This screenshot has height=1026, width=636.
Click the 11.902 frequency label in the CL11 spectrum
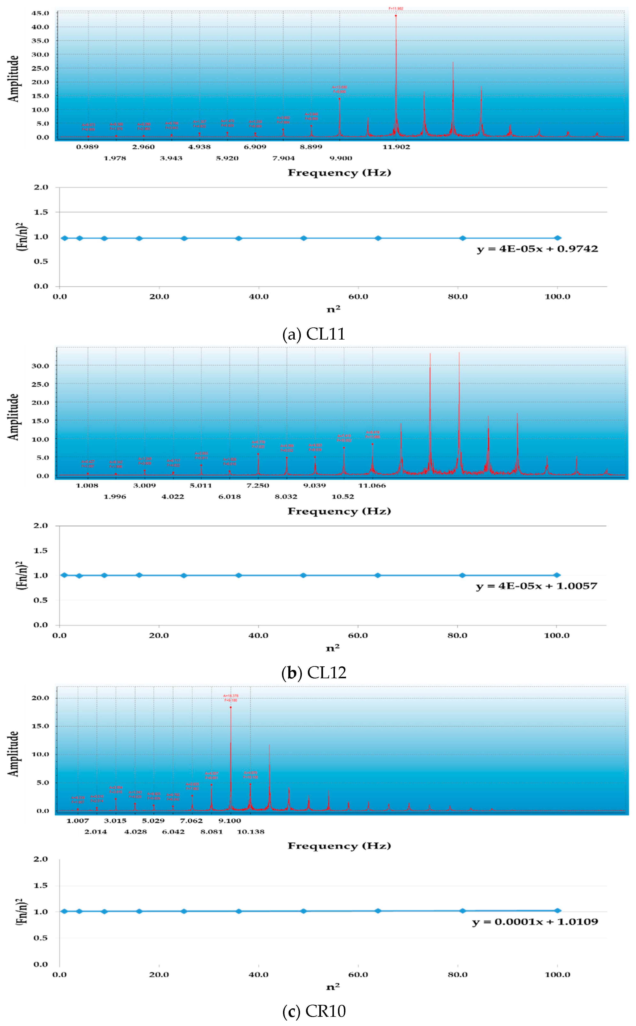click(x=396, y=147)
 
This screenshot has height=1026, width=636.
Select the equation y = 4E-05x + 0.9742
click(x=537, y=249)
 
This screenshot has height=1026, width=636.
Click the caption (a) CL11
click(x=314, y=334)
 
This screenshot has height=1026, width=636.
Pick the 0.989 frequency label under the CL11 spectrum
click(x=87, y=147)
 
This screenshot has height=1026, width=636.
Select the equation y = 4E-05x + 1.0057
click(x=536, y=586)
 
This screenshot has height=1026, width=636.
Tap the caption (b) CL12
click(x=314, y=672)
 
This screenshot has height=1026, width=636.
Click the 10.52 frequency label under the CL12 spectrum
click(x=343, y=497)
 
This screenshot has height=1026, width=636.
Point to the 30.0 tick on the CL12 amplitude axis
click(x=40, y=366)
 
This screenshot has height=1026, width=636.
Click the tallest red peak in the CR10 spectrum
click(x=230, y=707)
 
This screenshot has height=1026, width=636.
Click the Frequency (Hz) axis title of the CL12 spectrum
click(x=339, y=511)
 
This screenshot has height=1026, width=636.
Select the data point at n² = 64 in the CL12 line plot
click(x=378, y=575)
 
